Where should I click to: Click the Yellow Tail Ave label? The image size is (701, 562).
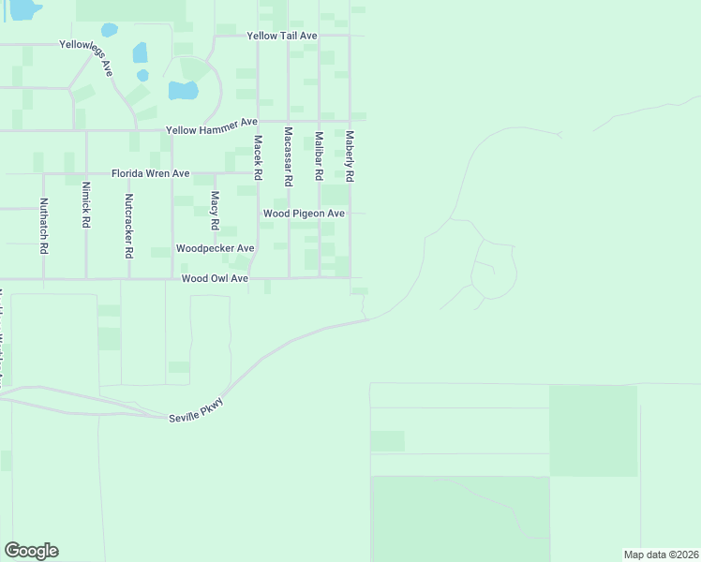tap(282, 36)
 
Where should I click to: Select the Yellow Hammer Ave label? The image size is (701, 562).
tap(211, 123)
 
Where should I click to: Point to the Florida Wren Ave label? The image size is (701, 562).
tap(150, 174)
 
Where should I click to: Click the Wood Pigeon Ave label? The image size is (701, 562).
tap(304, 214)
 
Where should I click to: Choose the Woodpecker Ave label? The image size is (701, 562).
tap(216, 248)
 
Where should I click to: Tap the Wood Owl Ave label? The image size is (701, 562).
tap(215, 278)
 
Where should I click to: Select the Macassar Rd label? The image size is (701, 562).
tap(289, 155)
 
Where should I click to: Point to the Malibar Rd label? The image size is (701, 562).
tap(319, 155)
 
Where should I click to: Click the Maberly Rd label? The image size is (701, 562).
tap(350, 155)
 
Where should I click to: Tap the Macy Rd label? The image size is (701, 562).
tap(215, 211)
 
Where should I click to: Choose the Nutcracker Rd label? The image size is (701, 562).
tap(129, 225)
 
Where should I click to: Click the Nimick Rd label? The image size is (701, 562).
tap(86, 205)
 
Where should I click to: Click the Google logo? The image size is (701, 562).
tap(31, 551)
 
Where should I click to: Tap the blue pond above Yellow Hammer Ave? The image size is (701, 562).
tap(183, 91)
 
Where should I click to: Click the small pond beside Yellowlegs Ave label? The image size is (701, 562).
tap(141, 52)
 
